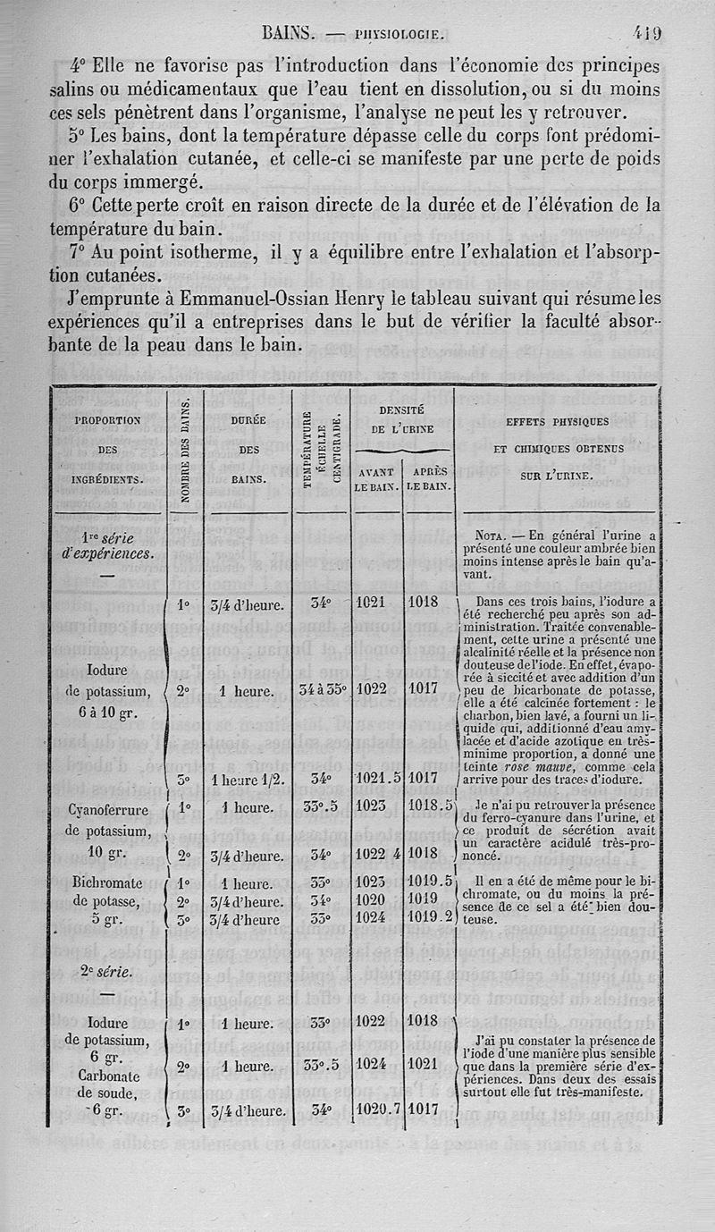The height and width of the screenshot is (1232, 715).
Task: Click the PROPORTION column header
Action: tap(108, 419)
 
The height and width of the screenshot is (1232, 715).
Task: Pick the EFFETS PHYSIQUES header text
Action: tap(557, 420)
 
